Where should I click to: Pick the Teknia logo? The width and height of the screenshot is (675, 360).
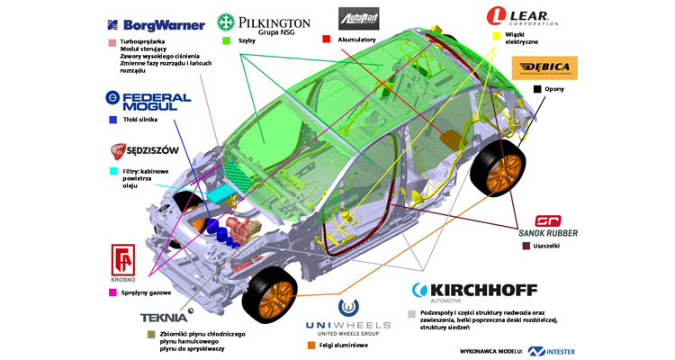163,317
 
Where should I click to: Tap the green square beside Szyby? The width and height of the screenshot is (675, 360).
227,40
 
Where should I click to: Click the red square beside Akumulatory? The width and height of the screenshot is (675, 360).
327,40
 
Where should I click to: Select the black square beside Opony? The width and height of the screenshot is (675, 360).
536,89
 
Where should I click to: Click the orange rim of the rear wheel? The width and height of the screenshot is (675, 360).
503,172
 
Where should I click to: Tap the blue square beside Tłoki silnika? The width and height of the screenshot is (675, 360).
112,119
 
